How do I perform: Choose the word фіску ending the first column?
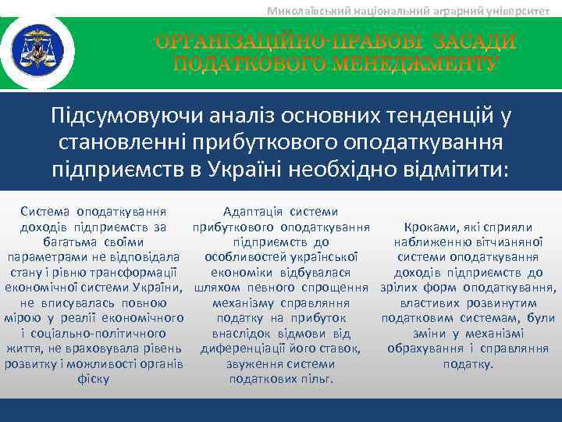94,379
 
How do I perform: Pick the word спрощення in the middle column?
333,288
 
